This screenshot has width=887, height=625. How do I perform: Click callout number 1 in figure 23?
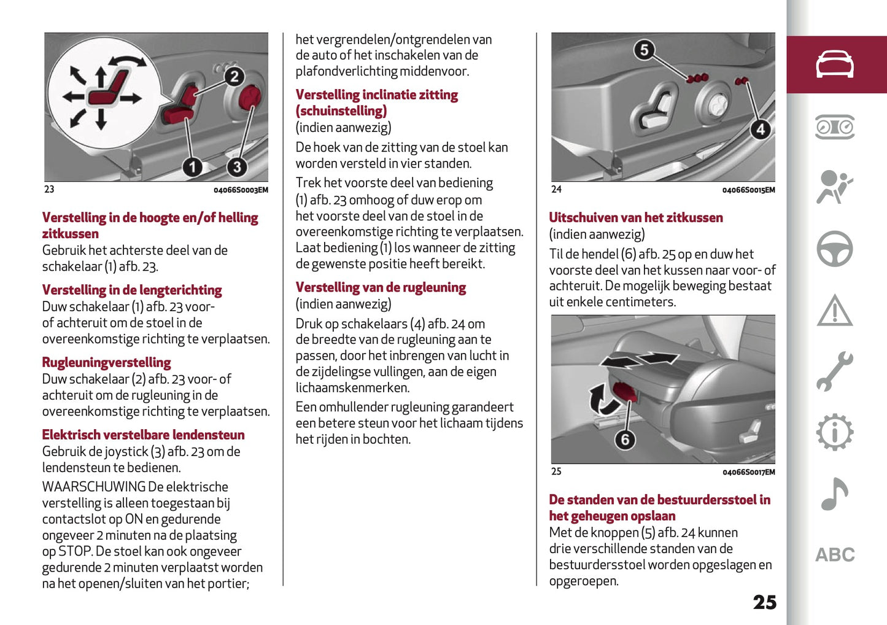pyautogui.click(x=193, y=167)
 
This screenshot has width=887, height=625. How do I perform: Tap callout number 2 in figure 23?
pyautogui.click(x=234, y=77)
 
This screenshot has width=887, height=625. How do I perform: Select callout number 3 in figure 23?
pyautogui.click(x=236, y=167)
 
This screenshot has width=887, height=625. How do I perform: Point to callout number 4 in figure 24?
pyautogui.click(x=760, y=130)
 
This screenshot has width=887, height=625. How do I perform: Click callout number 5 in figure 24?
pyautogui.click(x=644, y=50)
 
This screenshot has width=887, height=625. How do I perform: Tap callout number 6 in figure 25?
pyautogui.click(x=625, y=440)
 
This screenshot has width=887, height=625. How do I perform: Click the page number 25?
pyautogui.click(x=764, y=602)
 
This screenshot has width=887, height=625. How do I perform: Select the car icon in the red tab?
pyautogui.click(x=834, y=64)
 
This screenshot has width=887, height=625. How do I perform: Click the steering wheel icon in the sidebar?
pyautogui.click(x=834, y=249)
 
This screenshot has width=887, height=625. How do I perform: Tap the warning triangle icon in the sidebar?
pyautogui.click(x=834, y=311)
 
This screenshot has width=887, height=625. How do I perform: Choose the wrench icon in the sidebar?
pyautogui.click(x=834, y=371)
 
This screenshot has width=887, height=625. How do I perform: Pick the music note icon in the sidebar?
pyautogui.click(x=834, y=494)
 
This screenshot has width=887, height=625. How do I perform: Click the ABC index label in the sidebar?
pyautogui.click(x=834, y=555)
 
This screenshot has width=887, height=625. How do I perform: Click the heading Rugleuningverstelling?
pyautogui.click(x=106, y=363)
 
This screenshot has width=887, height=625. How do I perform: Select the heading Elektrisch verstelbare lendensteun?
pyautogui.click(x=143, y=435)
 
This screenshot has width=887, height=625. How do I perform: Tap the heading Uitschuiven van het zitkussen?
pyautogui.click(x=635, y=218)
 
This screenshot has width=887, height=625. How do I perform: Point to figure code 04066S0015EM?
pyautogui.click(x=748, y=190)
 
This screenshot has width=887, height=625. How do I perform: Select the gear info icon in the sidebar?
pyautogui.click(x=834, y=433)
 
